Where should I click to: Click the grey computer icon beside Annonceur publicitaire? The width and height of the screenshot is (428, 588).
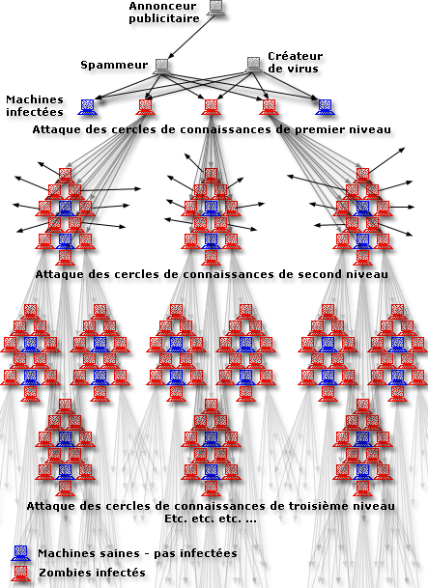(x=215, y=8)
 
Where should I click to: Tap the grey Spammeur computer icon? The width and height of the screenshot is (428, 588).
(x=161, y=66)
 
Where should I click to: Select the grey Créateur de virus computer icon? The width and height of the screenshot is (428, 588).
(x=253, y=64)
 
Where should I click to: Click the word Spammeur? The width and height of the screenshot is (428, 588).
(x=114, y=65)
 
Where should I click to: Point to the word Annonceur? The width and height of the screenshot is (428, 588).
(x=162, y=6)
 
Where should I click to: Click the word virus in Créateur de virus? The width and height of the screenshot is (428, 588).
(x=306, y=69)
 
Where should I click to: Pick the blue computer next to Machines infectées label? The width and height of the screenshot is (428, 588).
(x=87, y=107)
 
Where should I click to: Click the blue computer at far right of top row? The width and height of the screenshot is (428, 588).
(x=325, y=107)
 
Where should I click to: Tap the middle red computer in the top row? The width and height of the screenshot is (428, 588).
(x=212, y=107)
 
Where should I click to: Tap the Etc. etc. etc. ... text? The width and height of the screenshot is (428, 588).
(x=211, y=518)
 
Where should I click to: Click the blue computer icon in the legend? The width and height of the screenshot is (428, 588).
(x=20, y=553)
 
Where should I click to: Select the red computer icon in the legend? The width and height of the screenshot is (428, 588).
(x=20, y=574)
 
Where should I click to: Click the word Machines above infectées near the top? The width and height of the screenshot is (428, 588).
(x=35, y=99)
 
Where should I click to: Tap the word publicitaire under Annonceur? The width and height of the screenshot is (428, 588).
(x=164, y=18)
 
